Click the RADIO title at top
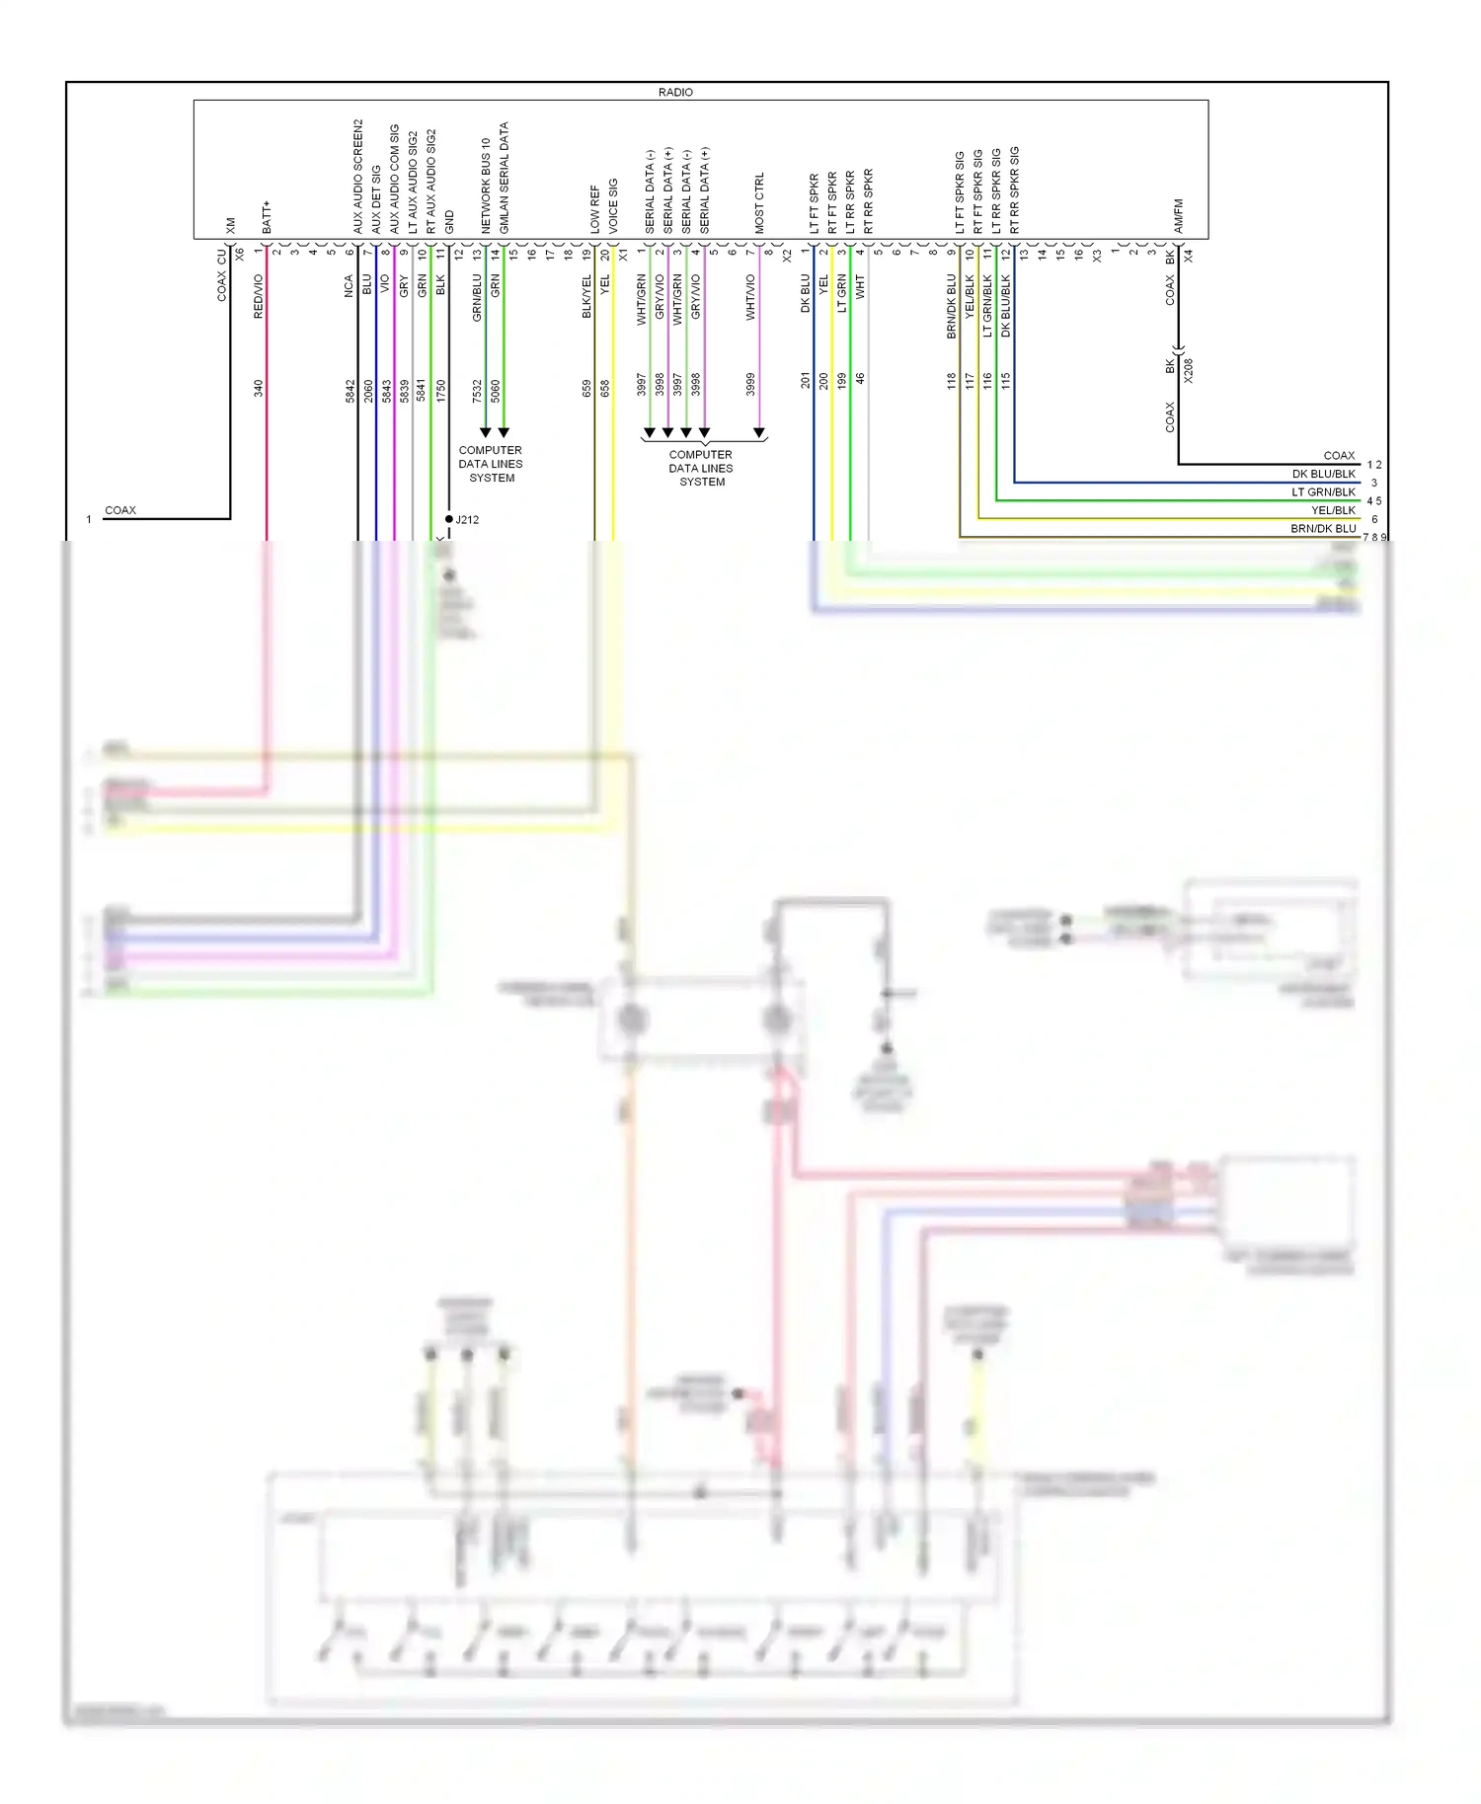pos(675,92)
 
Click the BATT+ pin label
pos(267,217)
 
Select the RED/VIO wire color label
pos(259,296)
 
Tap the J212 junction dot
pos(449,519)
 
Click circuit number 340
pos(259,389)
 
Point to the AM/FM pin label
pos(1178,216)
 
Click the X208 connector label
pos(1188,370)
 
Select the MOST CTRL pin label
pos(759,203)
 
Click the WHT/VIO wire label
pos(750,297)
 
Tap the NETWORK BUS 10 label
pos(486,186)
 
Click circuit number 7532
pos(477,391)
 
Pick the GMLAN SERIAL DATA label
pos(505,178)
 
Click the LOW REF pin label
pos(594,209)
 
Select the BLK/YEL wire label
pos(586,296)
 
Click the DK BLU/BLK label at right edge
pos(1323,474)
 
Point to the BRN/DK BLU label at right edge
pos(1323,529)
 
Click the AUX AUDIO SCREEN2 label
pos(358,177)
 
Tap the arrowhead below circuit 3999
pos(759,432)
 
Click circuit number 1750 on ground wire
pos(441,391)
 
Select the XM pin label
pos(231,225)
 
